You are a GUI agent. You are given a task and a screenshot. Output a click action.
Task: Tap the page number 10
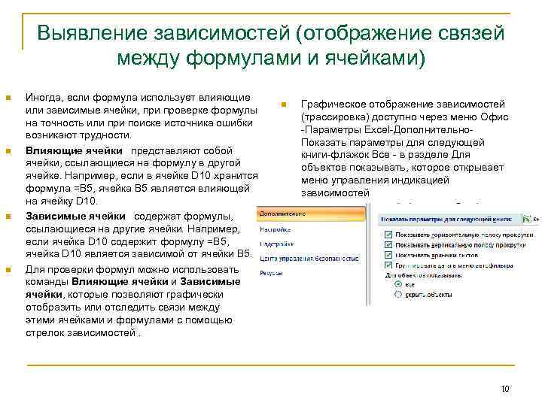[x=505, y=389]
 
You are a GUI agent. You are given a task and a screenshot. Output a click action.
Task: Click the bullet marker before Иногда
[x=9, y=98]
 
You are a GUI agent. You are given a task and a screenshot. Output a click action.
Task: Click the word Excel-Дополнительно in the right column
[x=424, y=130]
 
